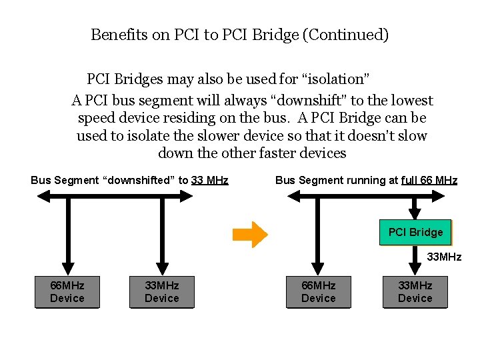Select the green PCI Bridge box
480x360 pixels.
point(415,232)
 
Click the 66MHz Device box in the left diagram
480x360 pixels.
point(67,292)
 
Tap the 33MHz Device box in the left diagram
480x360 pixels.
point(161,292)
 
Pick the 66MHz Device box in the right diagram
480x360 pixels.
point(318,292)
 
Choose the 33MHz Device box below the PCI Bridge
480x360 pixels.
point(415,292)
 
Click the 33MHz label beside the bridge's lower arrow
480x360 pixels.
point(444,257)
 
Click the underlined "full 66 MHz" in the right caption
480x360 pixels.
point(429,180)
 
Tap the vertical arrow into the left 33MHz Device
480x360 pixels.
point(161,237)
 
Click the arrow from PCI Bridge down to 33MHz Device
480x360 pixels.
point(415,261)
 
